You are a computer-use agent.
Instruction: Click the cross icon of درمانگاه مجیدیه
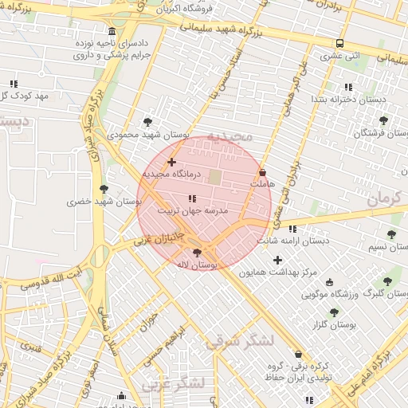point(171,162)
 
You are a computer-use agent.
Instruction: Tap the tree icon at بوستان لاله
point(198,253)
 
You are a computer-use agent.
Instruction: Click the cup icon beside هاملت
point(263,171)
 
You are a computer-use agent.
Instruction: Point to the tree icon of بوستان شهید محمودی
point(147,122)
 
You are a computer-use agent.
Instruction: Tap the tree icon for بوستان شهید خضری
point(104,189)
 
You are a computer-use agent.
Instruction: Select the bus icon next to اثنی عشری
point(340,44)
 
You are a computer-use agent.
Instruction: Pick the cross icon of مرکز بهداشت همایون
point(277,260)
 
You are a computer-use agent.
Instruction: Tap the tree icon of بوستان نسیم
point(391,234)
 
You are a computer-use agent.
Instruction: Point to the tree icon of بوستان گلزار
point(333,312)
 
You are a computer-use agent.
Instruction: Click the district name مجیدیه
point(229,136)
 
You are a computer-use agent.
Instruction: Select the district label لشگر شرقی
point(240,341)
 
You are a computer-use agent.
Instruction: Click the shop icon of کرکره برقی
point(298,354)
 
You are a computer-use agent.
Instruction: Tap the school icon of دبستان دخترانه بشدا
point(347,87)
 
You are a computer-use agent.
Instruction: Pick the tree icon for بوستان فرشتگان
point(383,120)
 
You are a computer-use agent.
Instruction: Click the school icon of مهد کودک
point(14,84)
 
